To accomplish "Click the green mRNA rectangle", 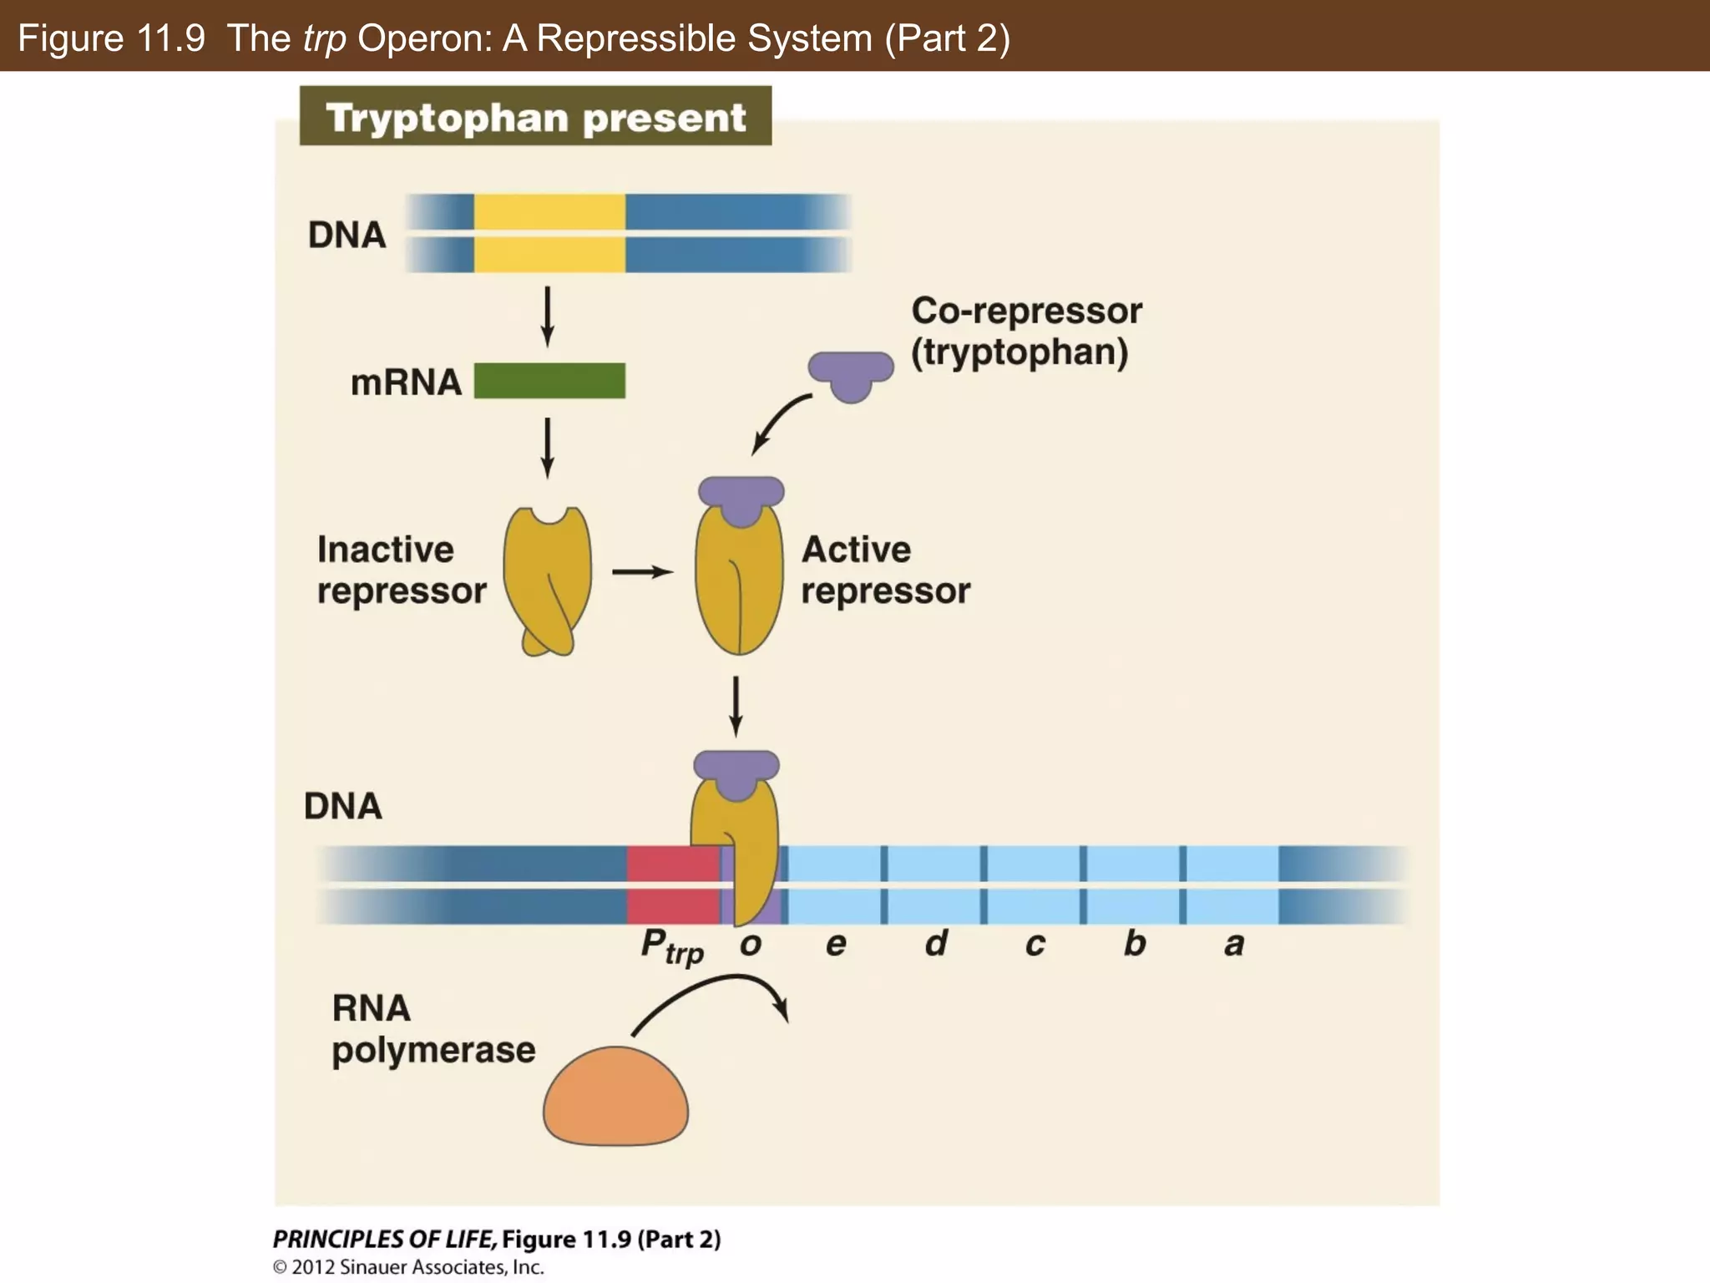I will pyautogui.click(x=549, y=381).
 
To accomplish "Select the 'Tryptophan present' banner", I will pyautogui.click(x=535, y=117).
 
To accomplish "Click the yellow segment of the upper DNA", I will pyautogui.click(x=549, y=233).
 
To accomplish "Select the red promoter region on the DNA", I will pyautogui.click(x=673, y=885).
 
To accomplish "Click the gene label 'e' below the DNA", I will pyautogui.click(x=836, y=945).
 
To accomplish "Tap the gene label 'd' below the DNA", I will pyautogui.click(x=936, y=943).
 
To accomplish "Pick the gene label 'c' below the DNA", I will pyautogui.click(x=1035, y=945).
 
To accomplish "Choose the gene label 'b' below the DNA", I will pyautogui.click(x=1135, y=943).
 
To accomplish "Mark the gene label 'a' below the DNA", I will pyautogui.click(x=1234, y=945).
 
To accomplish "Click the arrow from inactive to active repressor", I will pyautogui.click(x=642, y=572).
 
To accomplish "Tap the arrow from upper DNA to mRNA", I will pyautogui.click(x=548, y=317).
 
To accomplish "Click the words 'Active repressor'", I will pyautogui.click(x=885, y=570).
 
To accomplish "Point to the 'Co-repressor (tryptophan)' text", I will pyautogui.click(x=1025, y=331).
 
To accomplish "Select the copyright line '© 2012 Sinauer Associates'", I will pyautogui.click(x=408, y=1267).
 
